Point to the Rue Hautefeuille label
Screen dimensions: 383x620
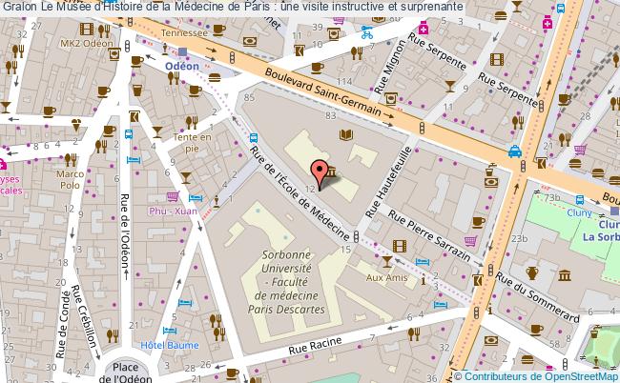[x=395, y=181]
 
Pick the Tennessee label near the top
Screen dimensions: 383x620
[x=183, y=32]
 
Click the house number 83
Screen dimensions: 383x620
[x=330, y=116]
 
